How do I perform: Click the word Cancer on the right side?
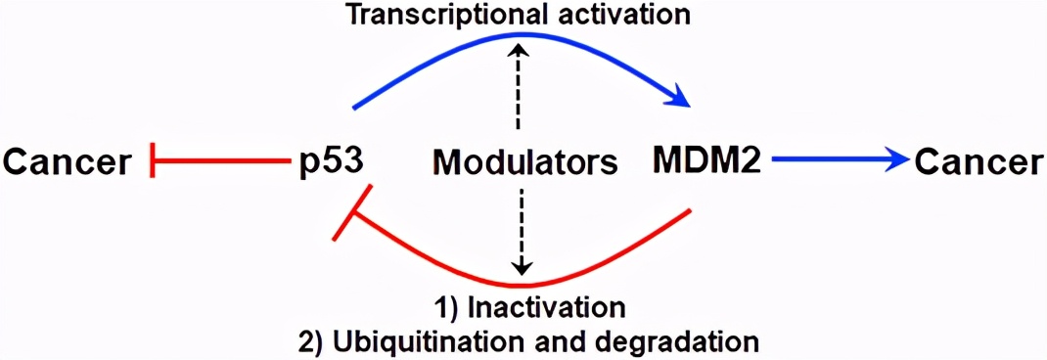(x=979, y=162)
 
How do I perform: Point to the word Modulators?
(x=523, y=162)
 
